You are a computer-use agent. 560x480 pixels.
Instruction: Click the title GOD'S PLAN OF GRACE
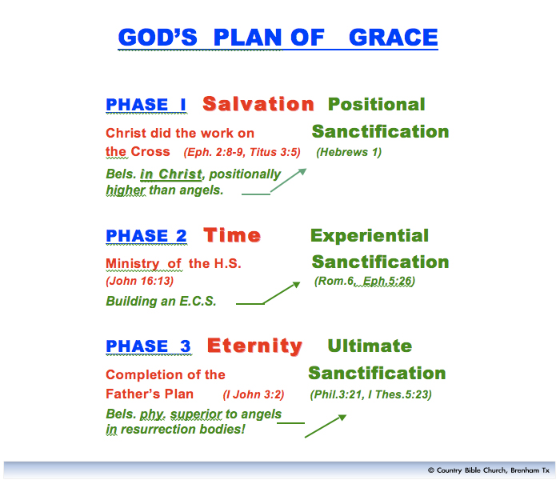tap(278, 38)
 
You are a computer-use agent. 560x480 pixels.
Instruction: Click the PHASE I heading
tap(146, 105)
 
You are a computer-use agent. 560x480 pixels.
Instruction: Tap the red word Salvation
tap(258, 104)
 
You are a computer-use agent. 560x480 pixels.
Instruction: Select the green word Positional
tap(376, 104)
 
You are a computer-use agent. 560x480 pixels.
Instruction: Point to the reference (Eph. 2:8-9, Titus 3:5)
tap(242, 152)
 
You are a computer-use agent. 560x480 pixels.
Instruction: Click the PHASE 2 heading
tap(146, 236)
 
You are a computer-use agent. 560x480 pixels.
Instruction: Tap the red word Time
tap(232, 235)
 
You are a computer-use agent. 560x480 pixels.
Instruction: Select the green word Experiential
tap(370, 235)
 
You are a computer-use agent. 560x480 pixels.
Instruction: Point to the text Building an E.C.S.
tap(161, 302)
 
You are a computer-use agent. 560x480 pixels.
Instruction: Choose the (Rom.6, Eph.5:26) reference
tap(365, 282)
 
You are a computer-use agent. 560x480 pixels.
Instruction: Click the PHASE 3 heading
tap(149, 346)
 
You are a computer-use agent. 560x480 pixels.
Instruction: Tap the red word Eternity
tap(254, 346)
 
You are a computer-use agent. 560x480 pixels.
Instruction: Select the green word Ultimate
tap(370, 346)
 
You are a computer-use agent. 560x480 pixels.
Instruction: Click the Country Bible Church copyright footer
tap(489, 470)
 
